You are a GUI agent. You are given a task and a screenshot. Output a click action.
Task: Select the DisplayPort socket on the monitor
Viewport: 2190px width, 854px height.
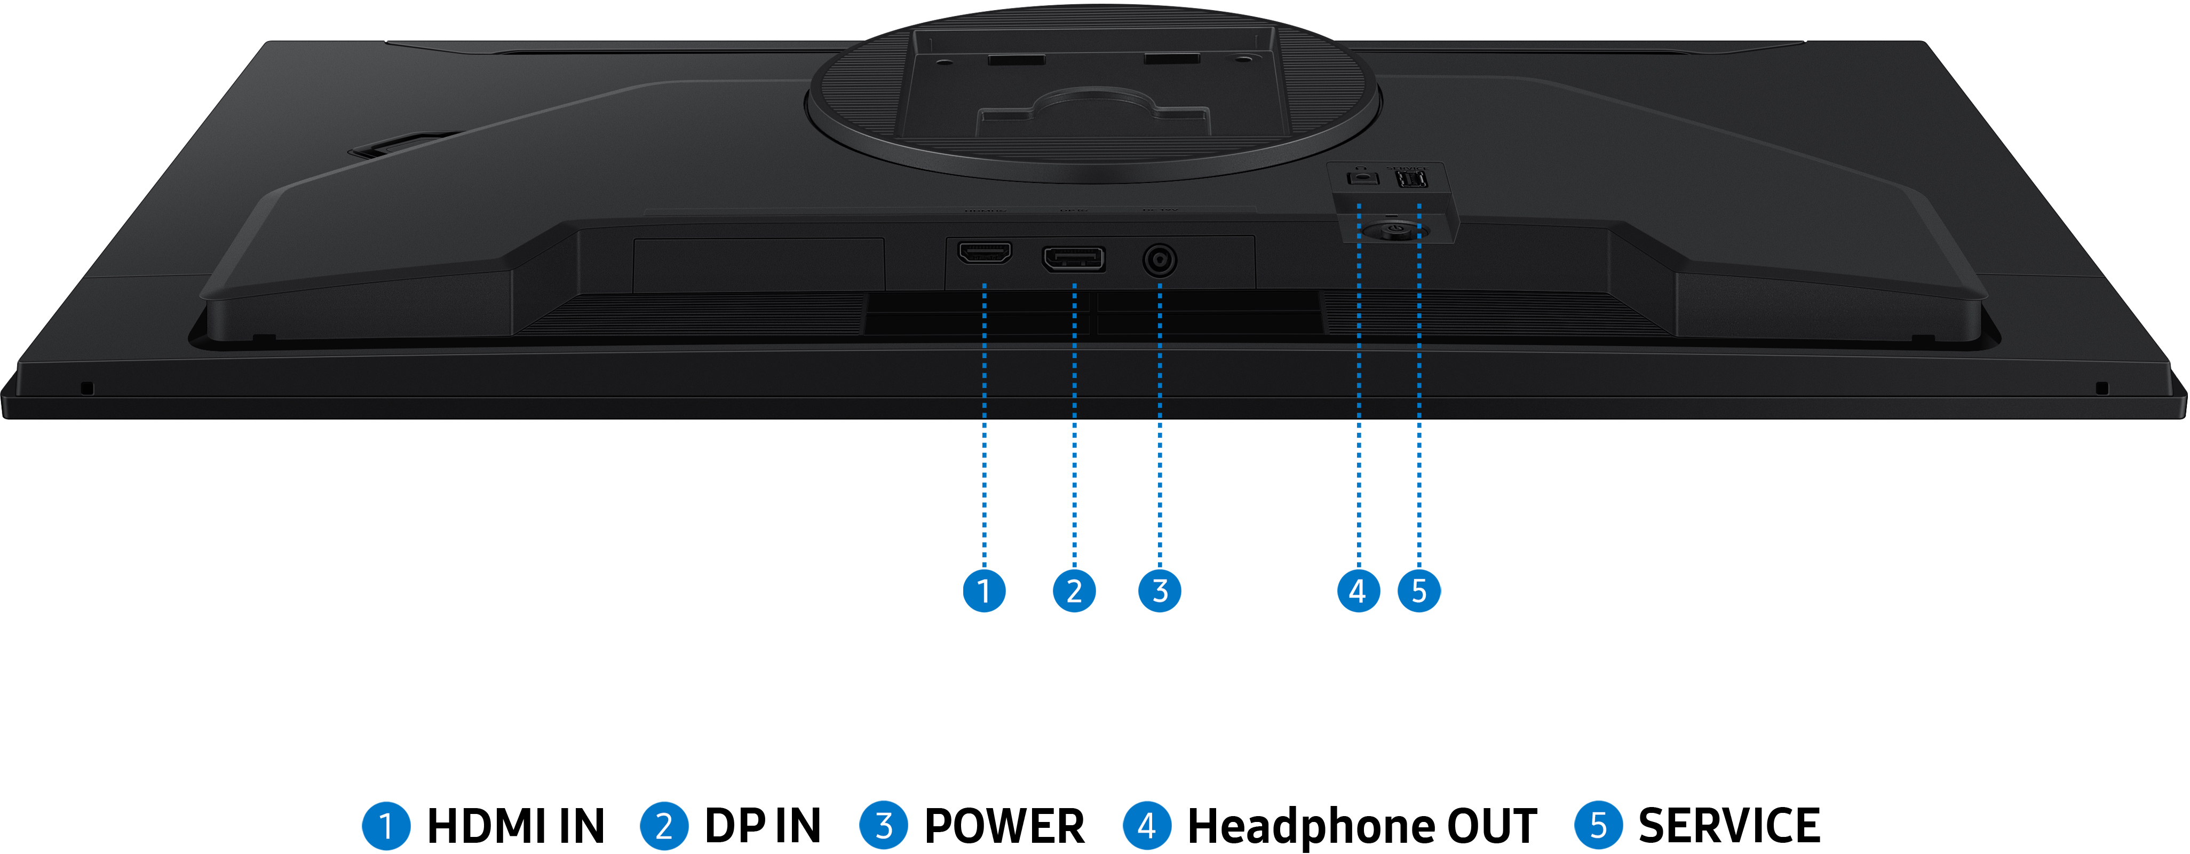click(x=1074, y=258)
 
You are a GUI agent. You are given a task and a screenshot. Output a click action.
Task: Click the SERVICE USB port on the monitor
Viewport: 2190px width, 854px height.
click(x=1412, y=180)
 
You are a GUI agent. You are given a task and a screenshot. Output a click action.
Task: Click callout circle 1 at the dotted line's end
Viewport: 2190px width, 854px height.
click(x=985, y=590)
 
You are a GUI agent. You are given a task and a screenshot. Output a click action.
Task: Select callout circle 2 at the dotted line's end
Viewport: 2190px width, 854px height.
click(x=1075, y=590)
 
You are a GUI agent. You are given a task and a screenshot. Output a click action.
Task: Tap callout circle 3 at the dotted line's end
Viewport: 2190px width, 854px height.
click(x=1160, y=590)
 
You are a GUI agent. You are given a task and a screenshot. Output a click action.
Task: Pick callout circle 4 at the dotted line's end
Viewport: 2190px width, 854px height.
click(x=1359, y=590)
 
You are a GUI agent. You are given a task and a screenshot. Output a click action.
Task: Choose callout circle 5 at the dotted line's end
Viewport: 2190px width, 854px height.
click(x=1419, y=590)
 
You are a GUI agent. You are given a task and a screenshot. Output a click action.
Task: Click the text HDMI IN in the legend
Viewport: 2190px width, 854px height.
click(x=515, y=826)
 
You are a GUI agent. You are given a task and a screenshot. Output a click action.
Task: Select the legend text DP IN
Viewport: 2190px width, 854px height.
click(x=763, y=826)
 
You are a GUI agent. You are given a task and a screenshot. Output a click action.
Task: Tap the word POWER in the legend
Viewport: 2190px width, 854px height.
click(x=1004, y=826)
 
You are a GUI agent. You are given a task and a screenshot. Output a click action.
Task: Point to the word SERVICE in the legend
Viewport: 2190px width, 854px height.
click(x=1729, y=826)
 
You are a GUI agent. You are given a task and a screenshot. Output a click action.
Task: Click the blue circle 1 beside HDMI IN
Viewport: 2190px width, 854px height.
click(x=386, y=826)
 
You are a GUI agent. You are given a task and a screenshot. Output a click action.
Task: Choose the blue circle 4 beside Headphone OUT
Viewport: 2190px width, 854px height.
click(x=1147, y=826)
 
